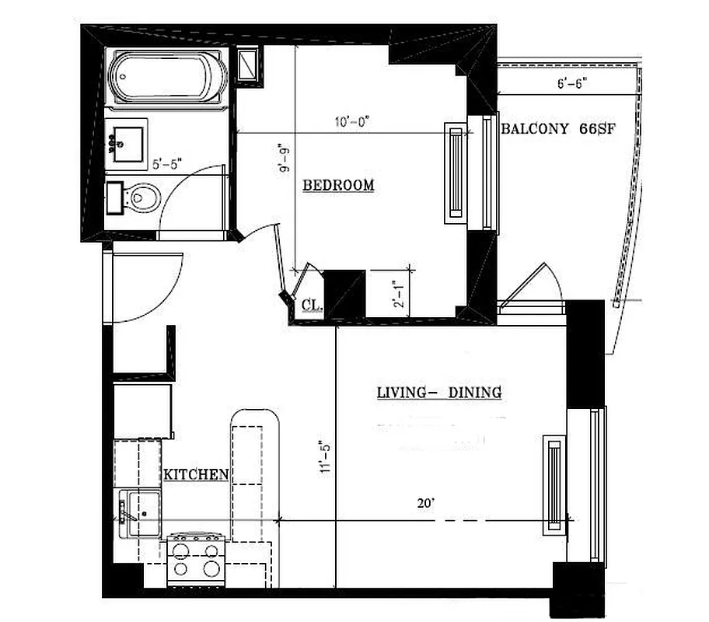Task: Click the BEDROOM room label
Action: [338, 185]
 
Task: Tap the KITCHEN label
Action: [195, 473]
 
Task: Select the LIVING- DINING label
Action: [438, 393]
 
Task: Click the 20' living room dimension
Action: [424, 502]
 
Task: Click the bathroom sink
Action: [126, 142]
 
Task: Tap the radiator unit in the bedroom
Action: [453, 173]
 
